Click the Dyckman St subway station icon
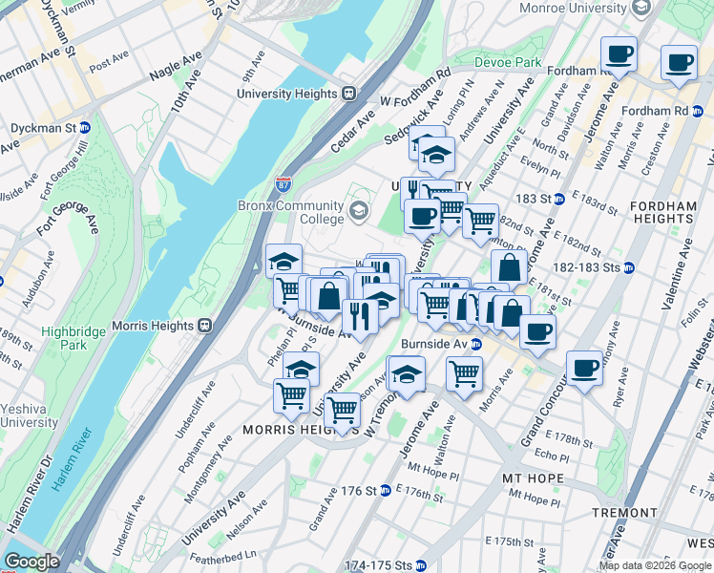coord(84,128)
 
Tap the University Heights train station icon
coord(349,94)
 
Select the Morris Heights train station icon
coord(204,325)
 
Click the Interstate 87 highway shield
coord(283,182)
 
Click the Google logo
coord(32,562)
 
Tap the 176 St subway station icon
coord(385,491)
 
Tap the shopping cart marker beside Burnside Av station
coord(464,374)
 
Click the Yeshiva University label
coord(30,415)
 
